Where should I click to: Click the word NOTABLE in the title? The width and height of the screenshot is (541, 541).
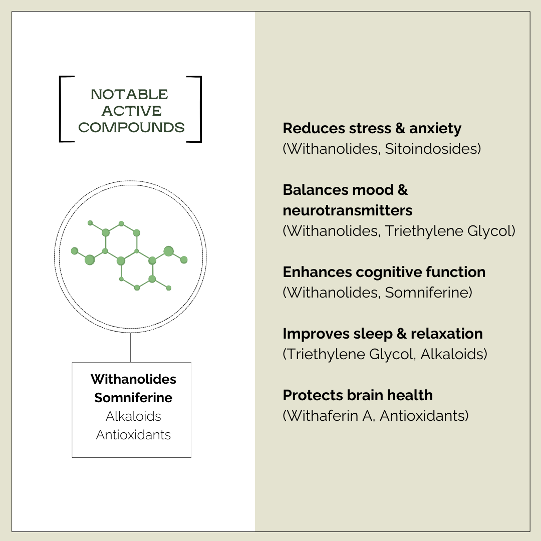(x=130, y=94)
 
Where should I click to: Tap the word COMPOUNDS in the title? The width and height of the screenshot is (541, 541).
(x=131, y=128)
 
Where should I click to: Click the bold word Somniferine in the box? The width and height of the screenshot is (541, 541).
(x=133, y=398)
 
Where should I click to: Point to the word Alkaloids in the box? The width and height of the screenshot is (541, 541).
(x=133, y=416)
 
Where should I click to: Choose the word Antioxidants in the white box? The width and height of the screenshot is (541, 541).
(x=133, y=435)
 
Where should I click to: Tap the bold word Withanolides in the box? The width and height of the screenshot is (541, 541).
(x=133, y=379)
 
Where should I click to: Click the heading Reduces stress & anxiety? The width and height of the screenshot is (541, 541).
(x=372, y=128)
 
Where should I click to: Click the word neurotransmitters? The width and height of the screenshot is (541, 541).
(x=348, y=210)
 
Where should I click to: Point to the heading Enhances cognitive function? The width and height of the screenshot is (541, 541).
(x=384, y=272)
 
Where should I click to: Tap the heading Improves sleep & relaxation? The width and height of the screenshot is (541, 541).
(x=383, y=334)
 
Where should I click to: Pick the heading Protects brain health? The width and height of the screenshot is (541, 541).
(x=358, y=395)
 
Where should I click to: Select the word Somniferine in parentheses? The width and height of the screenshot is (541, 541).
(x=428, y=293)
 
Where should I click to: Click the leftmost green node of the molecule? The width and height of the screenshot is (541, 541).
(x=75, y=250)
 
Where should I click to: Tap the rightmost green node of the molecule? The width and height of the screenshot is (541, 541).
(x=184, y=259)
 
